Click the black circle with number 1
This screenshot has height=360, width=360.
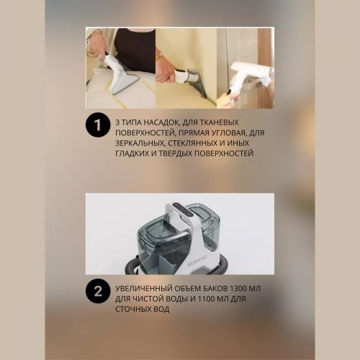(98, 125)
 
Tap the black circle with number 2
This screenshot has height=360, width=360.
(98, 292)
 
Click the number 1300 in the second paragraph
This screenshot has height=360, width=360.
(238, 289)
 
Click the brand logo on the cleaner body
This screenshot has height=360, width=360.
(198, 264)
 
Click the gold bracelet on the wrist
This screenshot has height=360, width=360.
(159, 55)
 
